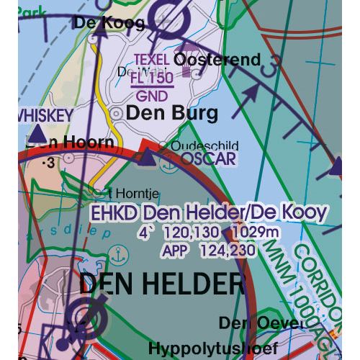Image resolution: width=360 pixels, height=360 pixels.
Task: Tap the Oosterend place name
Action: (x=217, y=60)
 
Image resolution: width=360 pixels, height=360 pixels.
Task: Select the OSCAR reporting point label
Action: (x=209, y=159)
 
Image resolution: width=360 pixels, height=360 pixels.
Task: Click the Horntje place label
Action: (x=135, y=192)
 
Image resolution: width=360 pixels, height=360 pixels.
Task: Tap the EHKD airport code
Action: (x=114, y=212)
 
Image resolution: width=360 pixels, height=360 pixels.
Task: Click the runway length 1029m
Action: (x=256, y=233)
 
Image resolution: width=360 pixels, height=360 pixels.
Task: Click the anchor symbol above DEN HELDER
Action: (x=114, y=254)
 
